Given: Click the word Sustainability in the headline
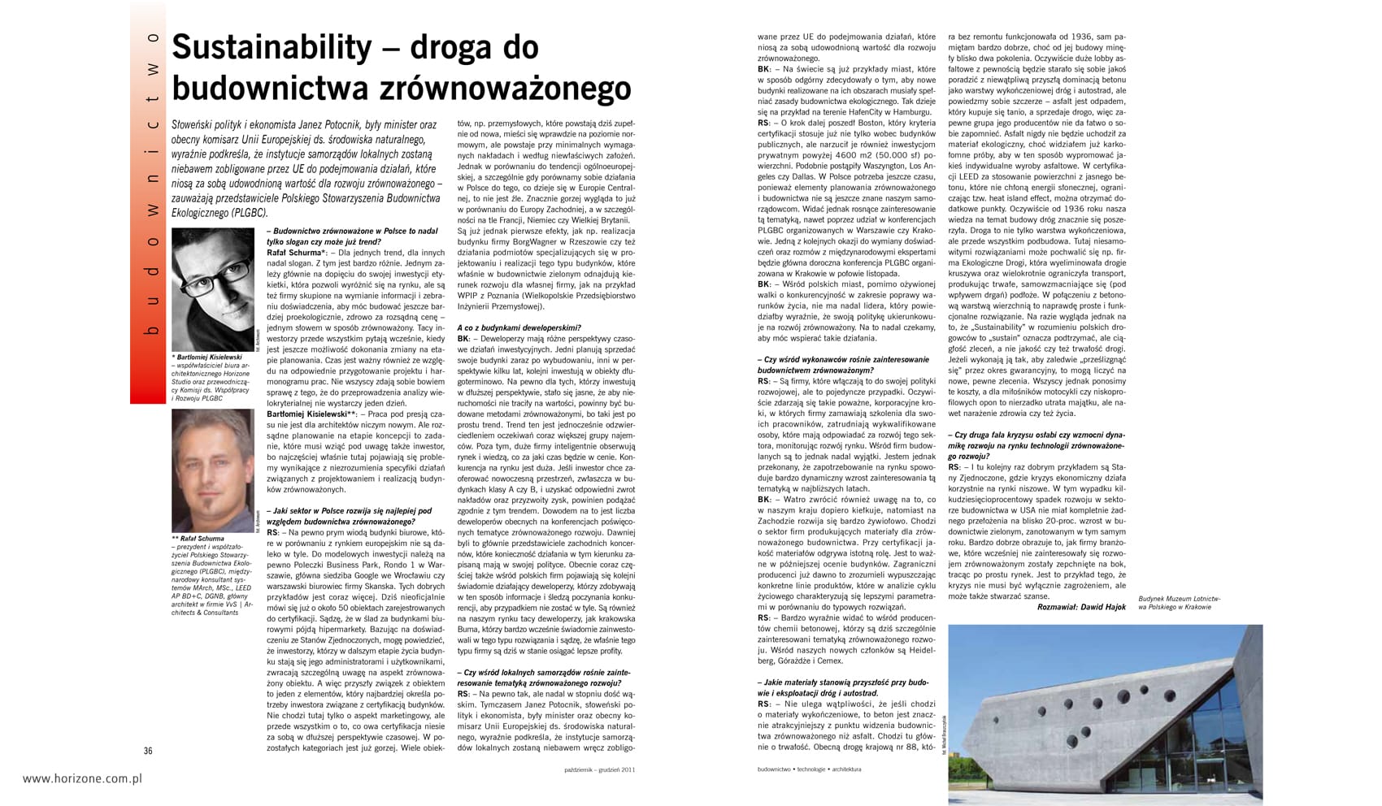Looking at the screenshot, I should [x=272, y=48].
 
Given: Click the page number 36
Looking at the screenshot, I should [x=148, y=751].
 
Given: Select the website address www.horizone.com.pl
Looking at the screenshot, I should [x=82, y=778].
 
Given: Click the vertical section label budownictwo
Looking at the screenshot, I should [x=151, y=187].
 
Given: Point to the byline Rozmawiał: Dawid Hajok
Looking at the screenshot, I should [x=1081, y=607].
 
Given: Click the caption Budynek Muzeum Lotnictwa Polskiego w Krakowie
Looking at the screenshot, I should [x=1179, y=603].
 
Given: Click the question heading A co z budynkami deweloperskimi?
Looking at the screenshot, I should [x=519, y=327].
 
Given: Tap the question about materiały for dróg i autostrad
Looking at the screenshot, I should [x=842, y=688].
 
